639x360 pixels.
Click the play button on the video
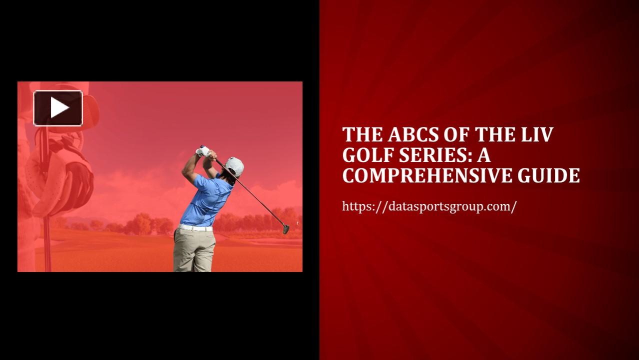(58, 108)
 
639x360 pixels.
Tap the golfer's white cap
(235, 165)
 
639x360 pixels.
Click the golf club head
(286, 229)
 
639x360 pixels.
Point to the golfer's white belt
(195, 227)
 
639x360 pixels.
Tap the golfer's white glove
(203, 151)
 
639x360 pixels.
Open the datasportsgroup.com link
(429, 206)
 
